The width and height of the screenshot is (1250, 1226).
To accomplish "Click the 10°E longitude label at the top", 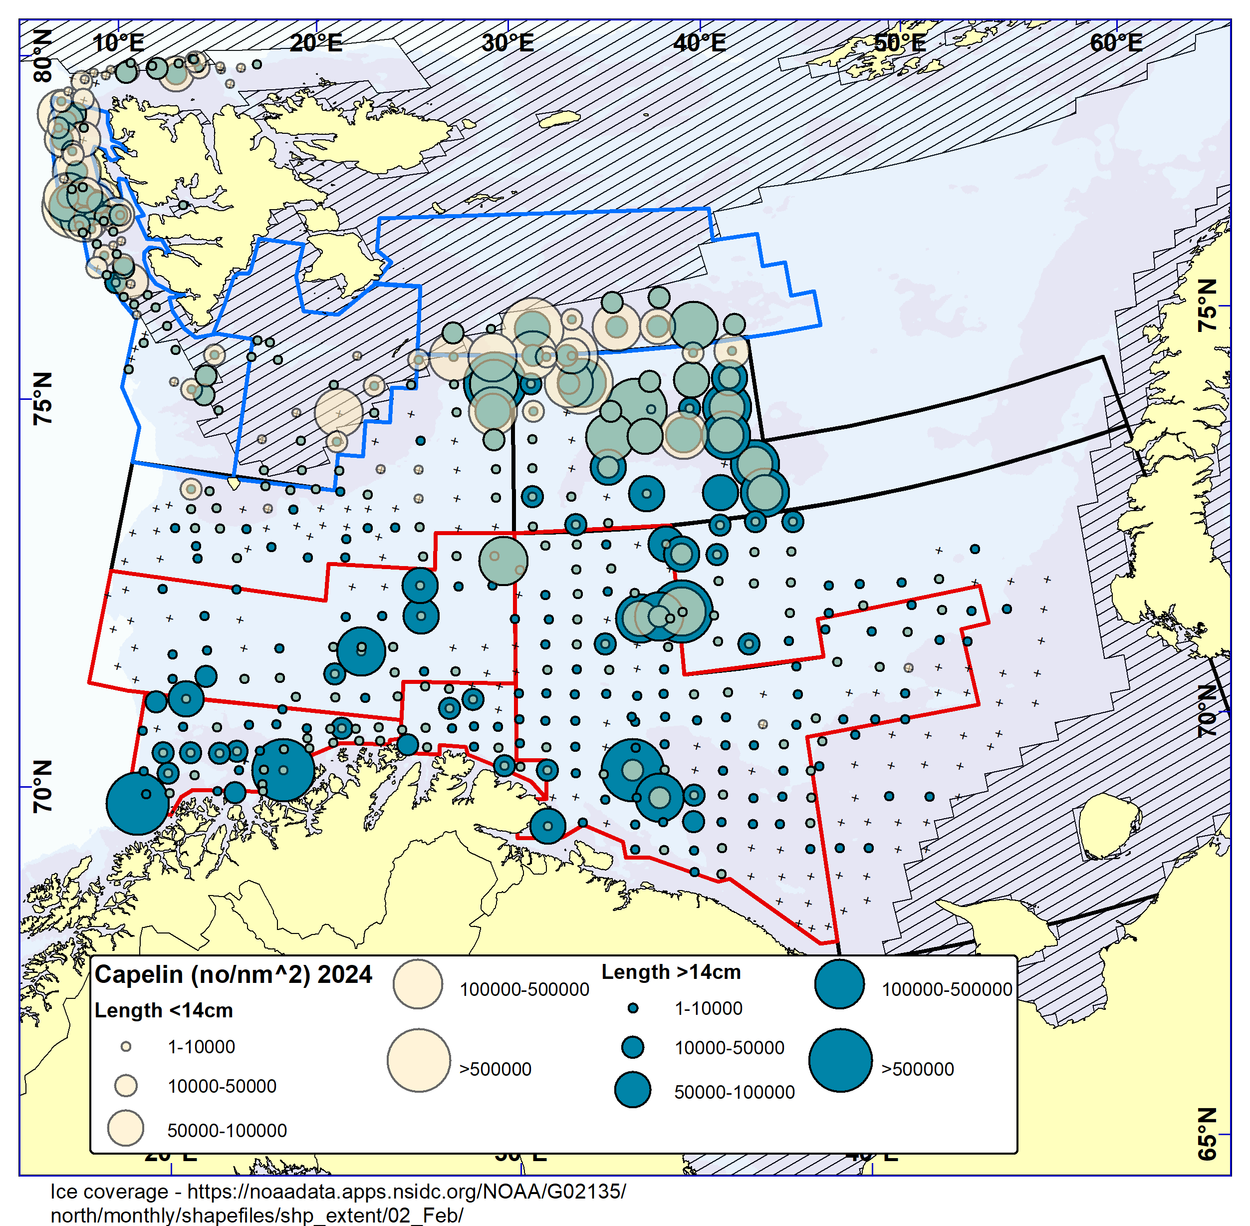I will (118, 43).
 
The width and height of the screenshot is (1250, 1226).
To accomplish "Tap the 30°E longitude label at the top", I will (508, 43).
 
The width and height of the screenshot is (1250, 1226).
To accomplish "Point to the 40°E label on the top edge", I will (700, 43).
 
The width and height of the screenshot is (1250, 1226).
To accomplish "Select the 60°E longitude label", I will (1116, 43).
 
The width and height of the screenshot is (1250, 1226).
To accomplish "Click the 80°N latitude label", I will (43, 56).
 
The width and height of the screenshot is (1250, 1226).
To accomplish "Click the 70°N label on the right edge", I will (1208, 711).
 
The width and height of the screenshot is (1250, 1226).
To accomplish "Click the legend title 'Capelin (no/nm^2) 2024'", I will (233, 974).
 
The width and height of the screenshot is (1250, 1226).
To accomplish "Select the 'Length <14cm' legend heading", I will (164, 1010).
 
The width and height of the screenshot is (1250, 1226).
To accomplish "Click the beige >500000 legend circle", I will (418, 1060).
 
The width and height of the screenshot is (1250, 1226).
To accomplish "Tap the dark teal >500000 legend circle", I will (840, 1060).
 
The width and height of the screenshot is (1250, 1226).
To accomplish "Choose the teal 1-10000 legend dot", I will (633, 1008).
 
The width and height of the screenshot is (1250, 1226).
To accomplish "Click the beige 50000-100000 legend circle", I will (126, 1128).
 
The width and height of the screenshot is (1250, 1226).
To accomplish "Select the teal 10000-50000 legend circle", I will (633, 1047).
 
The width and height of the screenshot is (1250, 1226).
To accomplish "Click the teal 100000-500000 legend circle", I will (839, 984).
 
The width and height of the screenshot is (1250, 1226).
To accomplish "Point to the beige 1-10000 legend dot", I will (126, 1047).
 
